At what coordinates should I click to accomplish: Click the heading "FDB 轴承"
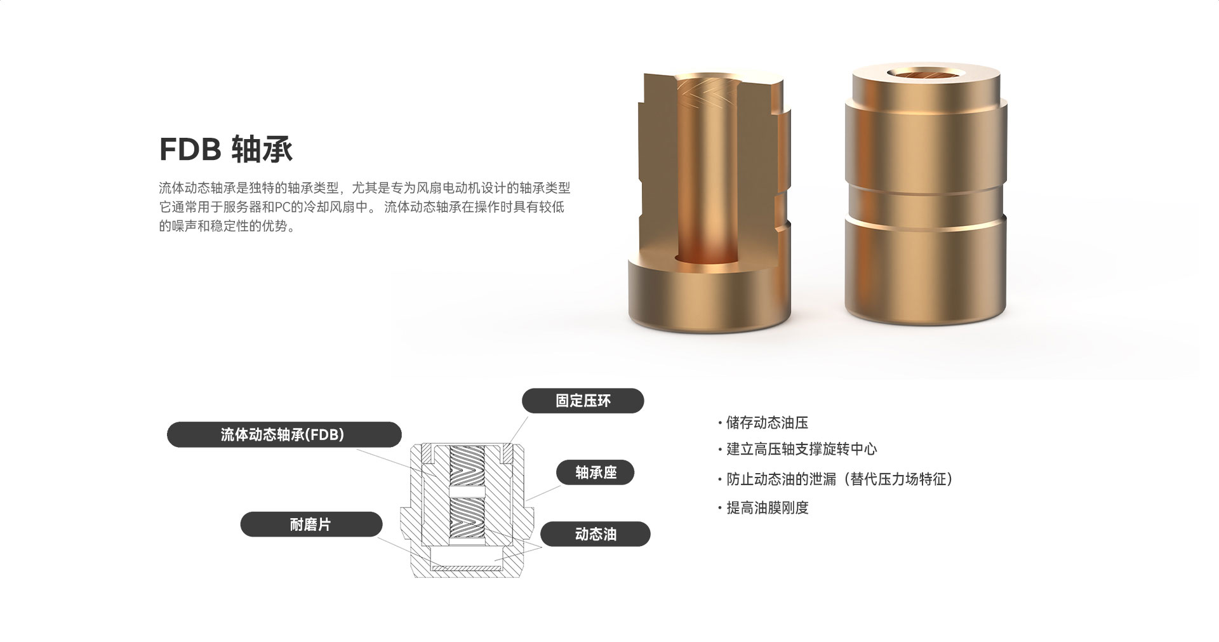[x=225, y=149]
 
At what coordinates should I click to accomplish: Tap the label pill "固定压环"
[x=583, y=401]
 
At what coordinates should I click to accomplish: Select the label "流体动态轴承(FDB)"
[x=284, y=434]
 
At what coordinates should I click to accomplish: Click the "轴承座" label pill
[x=596, y=472]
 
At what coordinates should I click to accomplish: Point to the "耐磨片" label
[x=311, y=525]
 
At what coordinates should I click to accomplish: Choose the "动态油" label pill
[x=596, y=534]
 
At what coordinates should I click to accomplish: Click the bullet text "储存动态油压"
[x=767, y=423]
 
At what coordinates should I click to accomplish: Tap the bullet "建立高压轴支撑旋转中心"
[x=801, y=450]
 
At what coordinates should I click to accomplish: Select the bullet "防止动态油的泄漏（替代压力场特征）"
[x=840, y=479]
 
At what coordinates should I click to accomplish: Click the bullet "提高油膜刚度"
[x=767, y=508]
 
